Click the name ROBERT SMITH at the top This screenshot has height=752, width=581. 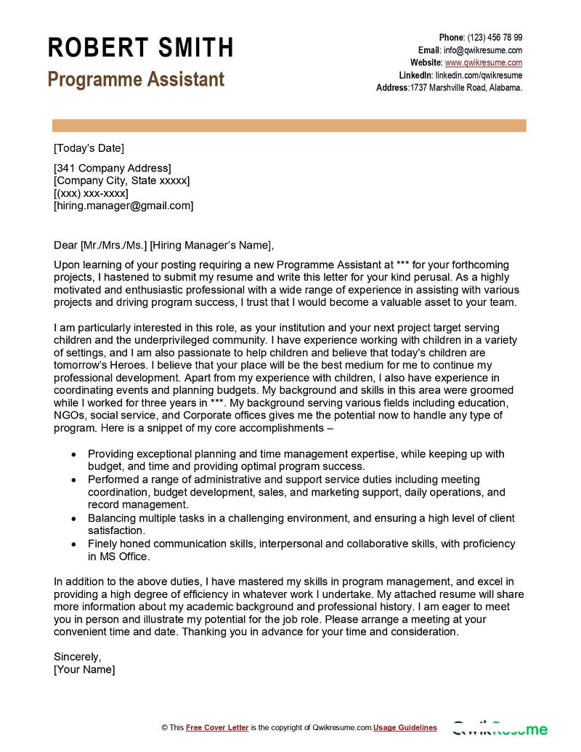click(140, 48)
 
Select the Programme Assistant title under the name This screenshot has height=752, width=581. click(136, 79)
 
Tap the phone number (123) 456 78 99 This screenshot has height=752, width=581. click(494, 38)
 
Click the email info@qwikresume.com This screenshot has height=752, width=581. click(483, 50)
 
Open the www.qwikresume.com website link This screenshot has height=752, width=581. click(483, 62)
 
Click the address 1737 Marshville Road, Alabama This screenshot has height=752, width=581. click(466, 87)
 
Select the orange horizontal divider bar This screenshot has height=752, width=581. click(288, 126)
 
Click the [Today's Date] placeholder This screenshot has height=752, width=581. click(89, 148)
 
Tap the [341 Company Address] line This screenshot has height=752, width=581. click(113, 169)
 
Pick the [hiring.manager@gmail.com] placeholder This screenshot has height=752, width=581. click(123, 206)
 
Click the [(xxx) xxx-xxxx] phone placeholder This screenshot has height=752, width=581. click(91, 193)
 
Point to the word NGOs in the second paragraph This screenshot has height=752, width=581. click(69, 415)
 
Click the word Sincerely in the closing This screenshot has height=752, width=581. click(77, 657)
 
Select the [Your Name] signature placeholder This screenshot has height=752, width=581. click(84, 669)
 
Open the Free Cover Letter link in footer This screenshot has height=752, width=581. click(217, 727)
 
